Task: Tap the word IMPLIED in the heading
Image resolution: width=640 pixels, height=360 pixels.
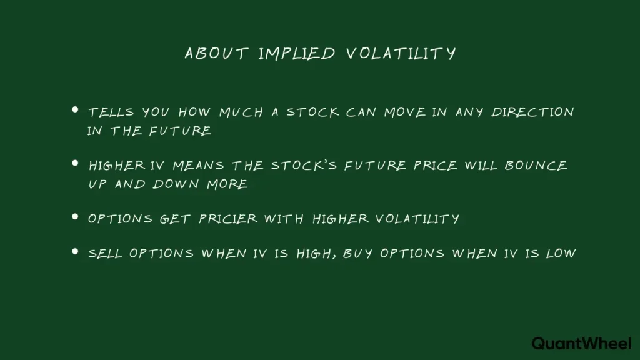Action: (296, 54)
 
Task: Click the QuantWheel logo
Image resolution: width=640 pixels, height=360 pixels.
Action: (581, 343)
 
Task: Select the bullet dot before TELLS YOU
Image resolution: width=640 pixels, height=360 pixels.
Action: (75, 110)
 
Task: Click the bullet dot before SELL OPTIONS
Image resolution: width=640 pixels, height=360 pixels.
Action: (75, 251)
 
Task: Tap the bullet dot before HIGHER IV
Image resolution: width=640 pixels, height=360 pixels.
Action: (75, 163)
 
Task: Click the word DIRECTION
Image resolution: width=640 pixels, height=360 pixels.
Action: (532, 112)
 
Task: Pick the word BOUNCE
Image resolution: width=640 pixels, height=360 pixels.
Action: (538, 166)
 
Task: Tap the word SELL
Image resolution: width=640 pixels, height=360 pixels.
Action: (106, 254)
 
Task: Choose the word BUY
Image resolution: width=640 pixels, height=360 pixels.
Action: (357, 254)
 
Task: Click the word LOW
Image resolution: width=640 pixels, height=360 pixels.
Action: (561, 254)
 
